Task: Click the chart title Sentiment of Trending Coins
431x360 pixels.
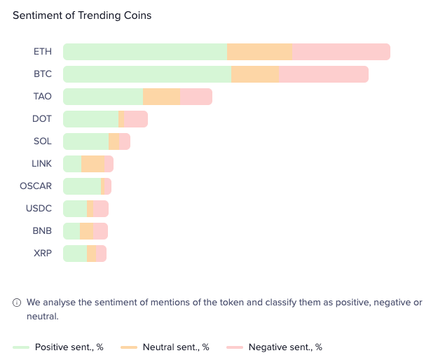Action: pos(82,15)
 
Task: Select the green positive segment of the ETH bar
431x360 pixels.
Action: pos(145,52)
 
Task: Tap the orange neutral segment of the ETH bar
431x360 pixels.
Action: pos(260,52)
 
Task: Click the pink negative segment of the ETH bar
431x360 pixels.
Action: pos(341,52)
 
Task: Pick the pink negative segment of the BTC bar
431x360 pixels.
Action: pos(323,74)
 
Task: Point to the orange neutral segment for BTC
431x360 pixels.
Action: pos(255,74)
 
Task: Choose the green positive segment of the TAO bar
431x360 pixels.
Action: pos(103,97)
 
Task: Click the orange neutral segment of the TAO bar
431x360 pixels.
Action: pos(162,97)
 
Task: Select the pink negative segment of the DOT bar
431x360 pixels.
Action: pos(136,119)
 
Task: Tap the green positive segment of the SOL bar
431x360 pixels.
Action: pos(86,141)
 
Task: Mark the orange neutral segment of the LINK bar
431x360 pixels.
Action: pos(93,164)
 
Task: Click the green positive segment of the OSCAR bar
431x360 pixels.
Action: pos(82,186)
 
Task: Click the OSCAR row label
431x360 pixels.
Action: pos(36,186)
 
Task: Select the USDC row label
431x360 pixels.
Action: pos(39,209)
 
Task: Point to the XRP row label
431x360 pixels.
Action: pos(42,254)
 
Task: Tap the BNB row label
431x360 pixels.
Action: pos(42,231)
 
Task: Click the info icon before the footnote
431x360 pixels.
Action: pos(17,303)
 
